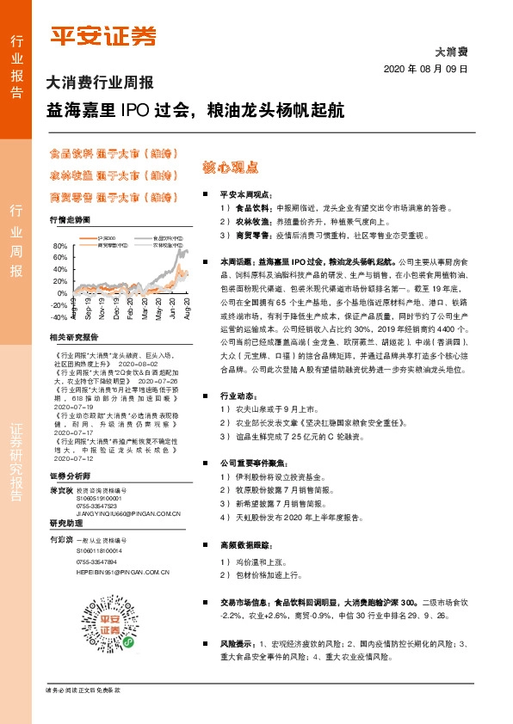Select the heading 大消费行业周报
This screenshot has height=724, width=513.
pyautogui.click(x=99, y=84)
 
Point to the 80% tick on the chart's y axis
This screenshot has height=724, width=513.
pyautogui.click(x=60, y=246)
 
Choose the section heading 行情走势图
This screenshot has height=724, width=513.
pyautogui.click(x=70, y=221)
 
